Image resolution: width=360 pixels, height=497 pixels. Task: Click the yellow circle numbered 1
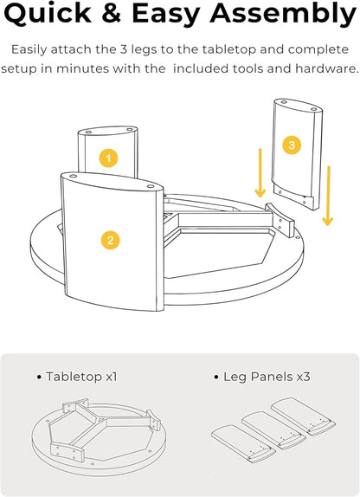(x=109, y=158)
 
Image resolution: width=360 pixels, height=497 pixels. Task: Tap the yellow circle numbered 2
(x=110, y=240)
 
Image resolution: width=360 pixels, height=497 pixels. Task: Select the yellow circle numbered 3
(x=292, y=145)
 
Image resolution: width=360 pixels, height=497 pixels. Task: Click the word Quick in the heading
(x=48, y=13)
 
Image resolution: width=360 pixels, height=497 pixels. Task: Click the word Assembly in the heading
(x=283, y=14)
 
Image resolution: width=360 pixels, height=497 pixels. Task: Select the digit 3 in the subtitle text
(x=123, y=49)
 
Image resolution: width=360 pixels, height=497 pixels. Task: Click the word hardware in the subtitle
(x=327, y=68)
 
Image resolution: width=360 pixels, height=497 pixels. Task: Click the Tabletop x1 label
(x=77, y=377)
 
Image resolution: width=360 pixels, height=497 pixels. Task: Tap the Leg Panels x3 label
(x=262, y=377)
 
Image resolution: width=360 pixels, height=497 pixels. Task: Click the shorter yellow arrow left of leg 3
(x=260, y=173)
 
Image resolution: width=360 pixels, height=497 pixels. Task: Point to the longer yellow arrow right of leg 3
(x=328, y=196)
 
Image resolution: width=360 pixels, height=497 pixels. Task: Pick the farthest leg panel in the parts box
(x=303, y=416)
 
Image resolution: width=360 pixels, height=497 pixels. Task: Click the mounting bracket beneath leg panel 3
(x=280, y=220)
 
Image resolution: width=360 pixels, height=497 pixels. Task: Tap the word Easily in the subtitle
(x=29, y=50)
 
